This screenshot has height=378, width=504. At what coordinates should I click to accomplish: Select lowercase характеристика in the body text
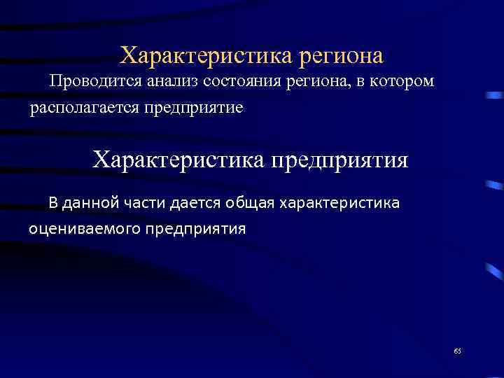pyautogui.click(x=339, y=204)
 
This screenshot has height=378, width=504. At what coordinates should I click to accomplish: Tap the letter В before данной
pyautogui.click(x=53, y=204)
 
